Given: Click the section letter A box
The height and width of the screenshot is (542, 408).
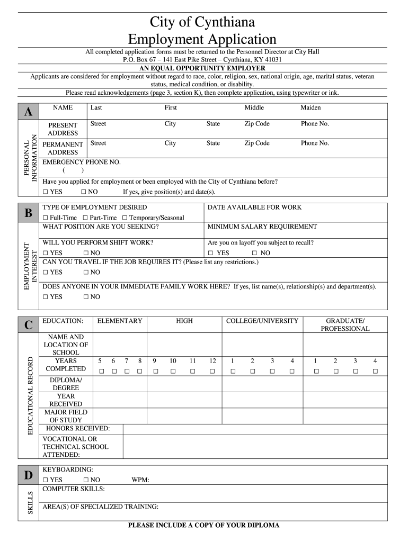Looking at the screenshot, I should pyautogui.click(x=28, y=112).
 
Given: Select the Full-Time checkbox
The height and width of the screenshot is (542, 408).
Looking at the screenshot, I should pyautogui.click(x=46, y=218).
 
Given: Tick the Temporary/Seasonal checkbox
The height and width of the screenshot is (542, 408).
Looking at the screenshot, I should pyautogui.click(x=125, y=218).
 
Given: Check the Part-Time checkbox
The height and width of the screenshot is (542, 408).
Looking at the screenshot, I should pyautogui.click(x=85, y=218).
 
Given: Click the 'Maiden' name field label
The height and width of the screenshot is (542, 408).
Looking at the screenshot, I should pyautogui.click(x=311, y=108).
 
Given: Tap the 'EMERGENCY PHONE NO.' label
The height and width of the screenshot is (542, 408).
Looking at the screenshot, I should pyautogui.click(x=82, y=162).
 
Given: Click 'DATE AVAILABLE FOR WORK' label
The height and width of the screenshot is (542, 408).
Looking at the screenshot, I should pyautogui.click(x=254, y=207).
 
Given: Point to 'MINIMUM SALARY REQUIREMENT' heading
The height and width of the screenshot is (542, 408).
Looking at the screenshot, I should pyautogui.click(x=262, y=227).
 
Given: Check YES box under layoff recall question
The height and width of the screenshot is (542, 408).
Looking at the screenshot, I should pyautogui.click(x=211, y=253).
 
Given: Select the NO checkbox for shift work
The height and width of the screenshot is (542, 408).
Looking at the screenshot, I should pyautogui.click(x=86, y=253).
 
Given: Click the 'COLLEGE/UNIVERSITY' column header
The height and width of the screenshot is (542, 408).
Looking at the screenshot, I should pyautogui.click(x=262, y=321).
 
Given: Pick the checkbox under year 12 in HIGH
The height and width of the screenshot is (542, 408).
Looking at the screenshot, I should pyautogui.click(x=212, y=371).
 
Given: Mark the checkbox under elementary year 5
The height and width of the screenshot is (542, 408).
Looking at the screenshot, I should pyautogui.click(x=100, y=371).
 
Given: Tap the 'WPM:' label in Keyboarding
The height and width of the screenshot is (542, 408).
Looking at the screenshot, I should pyautogui.click(x=140, y=480).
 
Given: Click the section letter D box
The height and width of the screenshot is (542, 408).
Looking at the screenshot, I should pyautogui.click(x=28, y=475).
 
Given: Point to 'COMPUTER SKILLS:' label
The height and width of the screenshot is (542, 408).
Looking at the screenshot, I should pyautogui.click(x=74, y=489).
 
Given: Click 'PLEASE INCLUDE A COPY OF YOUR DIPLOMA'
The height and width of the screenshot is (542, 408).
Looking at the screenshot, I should pyautogui.click(x=203, y=526).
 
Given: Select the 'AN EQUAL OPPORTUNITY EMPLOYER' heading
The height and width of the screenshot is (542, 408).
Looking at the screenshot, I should pyautogui.click(x=202, y=68).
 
